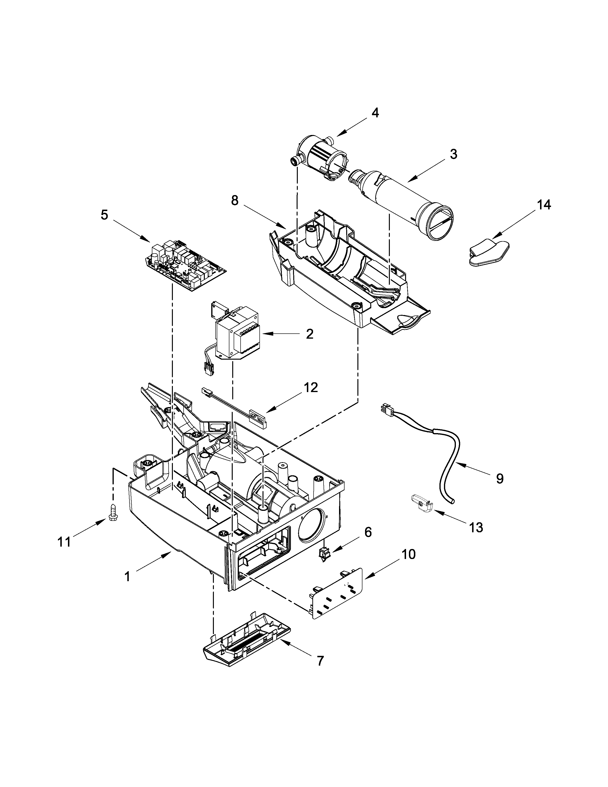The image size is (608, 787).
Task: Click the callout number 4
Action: pos(375,113)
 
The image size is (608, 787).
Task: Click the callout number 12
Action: pos(310,388)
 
